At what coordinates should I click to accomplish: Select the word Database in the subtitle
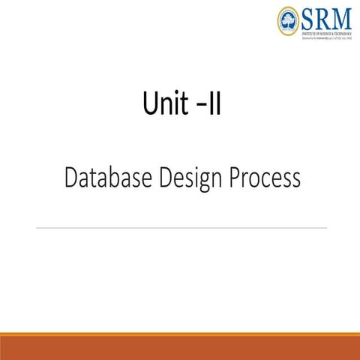(x=109, y=178)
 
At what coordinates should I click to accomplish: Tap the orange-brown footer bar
(x=180, y=347)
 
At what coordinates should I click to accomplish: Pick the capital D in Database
(x=72, y=178)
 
